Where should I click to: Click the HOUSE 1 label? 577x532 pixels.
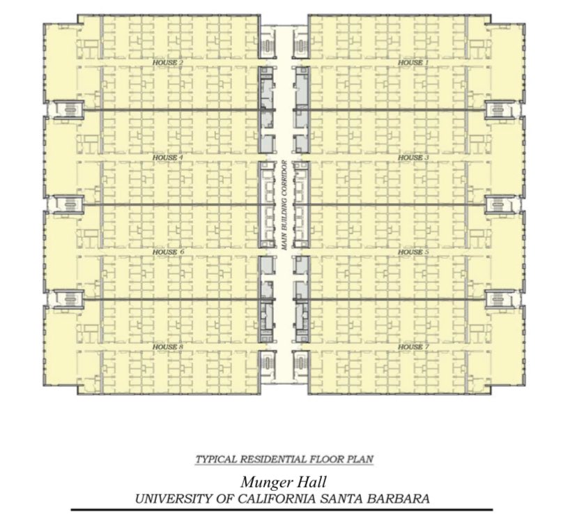pos(410,63)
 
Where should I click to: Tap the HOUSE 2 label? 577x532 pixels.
pos(167,63)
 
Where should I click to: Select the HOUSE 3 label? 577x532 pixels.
pos(410,158)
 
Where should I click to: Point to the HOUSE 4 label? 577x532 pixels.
pos(167,158)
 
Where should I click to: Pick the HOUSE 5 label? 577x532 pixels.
pos(410,252)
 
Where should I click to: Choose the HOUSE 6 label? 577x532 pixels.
pos(167,252)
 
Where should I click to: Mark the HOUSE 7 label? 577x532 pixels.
pos(410,347)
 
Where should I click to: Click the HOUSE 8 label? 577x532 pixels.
pos(167,347)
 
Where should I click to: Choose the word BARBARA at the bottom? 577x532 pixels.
pos(398,499)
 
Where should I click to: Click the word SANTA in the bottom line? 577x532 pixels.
pos(344,499)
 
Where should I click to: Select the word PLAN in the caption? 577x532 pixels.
pos(360,459)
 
